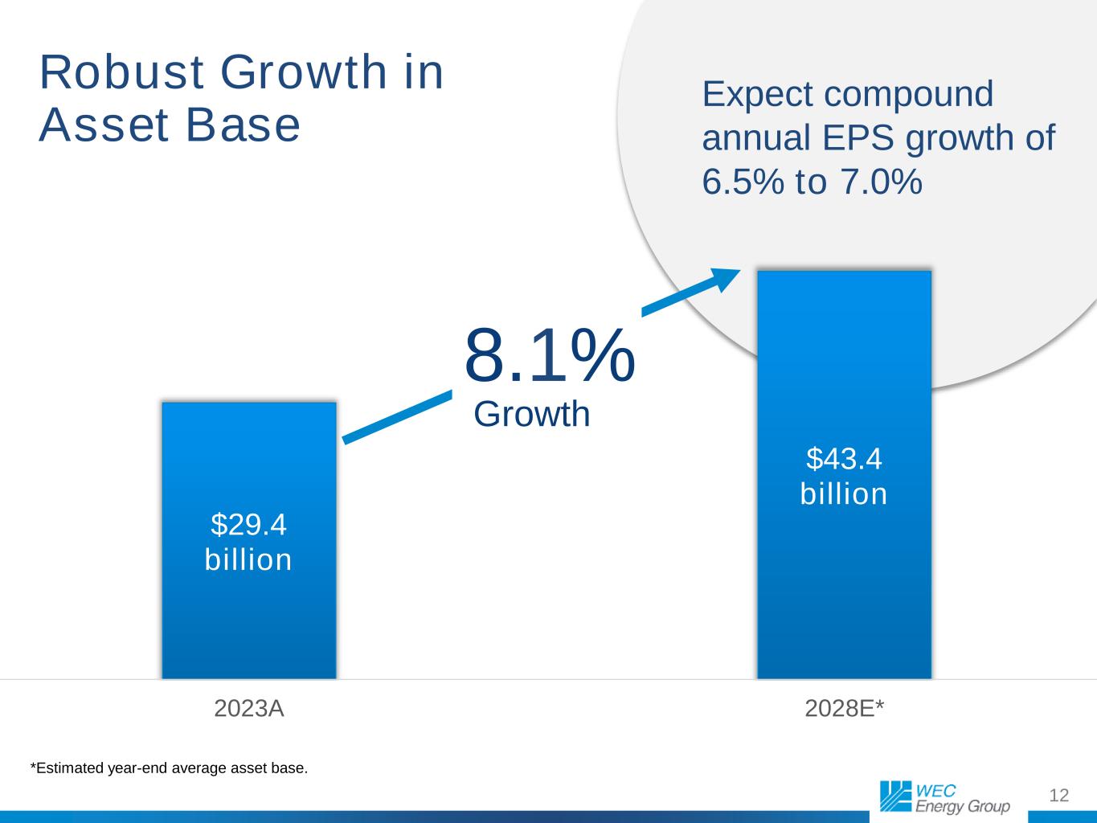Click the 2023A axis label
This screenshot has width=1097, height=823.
pyautogui.click(x=249, y=709)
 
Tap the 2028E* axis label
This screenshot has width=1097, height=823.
pyautogui.click(x=844, y=709)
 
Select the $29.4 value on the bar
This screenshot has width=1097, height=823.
pyautogui.click(x=248, y=525)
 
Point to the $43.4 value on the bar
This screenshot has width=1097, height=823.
pyautogui.click(x=844, y=459)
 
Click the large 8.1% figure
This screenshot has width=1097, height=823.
pyautogui.click(x=550, y=355)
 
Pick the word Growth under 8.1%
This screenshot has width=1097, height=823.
pyautogui.click(x=532, y=415)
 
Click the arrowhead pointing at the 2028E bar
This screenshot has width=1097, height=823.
pyautogui.click(x=726, y=279)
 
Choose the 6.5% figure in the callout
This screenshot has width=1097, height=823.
pyautogui.click(x=743, y=182)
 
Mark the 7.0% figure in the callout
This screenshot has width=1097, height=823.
pyautogui.click(x=881, y=182)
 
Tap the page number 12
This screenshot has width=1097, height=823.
pyautogui.click(x=1059, y=796)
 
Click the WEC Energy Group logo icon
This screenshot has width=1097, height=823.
pyautogui.click(x=894, y=796)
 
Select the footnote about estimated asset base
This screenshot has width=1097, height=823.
pyautogui.click(x=169, y=768)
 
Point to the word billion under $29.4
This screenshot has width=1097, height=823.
pyautogui.click(x=248, y=560)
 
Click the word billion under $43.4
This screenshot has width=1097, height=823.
pyautogui.click(x=844, y=494)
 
